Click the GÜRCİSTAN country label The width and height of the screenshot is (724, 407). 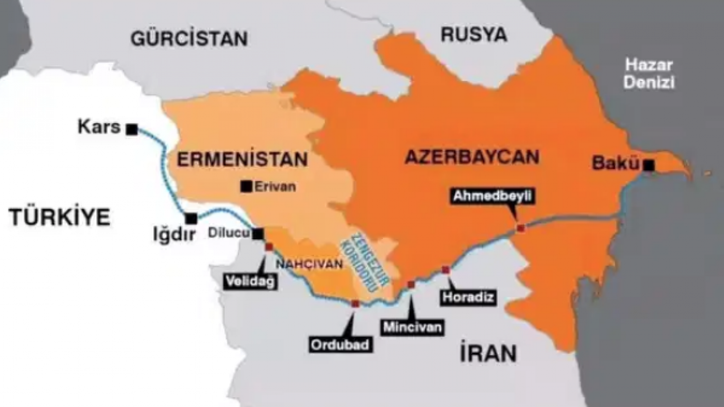pyautogui.click(x=189, y=38)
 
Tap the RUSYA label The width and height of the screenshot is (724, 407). pyautogui.click(x=473, y=34)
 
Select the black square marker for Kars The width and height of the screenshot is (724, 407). pyautogui.click(x=132, y=129)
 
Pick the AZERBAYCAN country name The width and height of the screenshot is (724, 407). pyautogui.click(x=472, y=157)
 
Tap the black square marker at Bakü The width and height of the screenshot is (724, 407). pyautogui.click(x=649, y=165)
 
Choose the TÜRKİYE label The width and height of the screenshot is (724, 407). pyautogui.click(x=59, y=217)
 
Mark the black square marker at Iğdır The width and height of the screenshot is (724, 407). pyautogui.click(x=192, y=218)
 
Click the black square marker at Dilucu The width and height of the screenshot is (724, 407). pyautogui.click(x=258, y=233)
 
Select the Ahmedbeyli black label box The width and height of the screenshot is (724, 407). pyautogui.click(x=493, y=197)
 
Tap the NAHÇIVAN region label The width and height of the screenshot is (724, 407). pyautogui.click(x=309, y=263)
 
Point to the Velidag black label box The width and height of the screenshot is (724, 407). pyautogui.click(x=251, y=281)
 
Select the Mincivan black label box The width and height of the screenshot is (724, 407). pyautogui.click(x=413, y=326)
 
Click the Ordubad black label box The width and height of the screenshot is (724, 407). pyautogui.click(x=341, y=344)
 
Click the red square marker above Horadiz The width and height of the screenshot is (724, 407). pyautogui.click(x=446, y=270)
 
